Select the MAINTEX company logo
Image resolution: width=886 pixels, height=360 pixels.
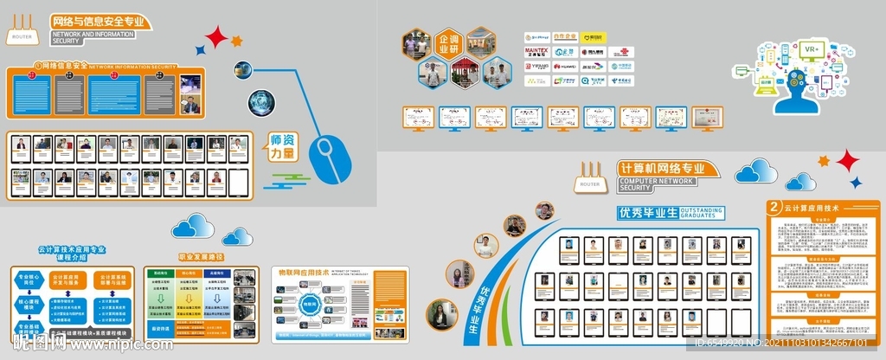tap(537, 52)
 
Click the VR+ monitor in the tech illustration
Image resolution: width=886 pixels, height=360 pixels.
tap(812, 51)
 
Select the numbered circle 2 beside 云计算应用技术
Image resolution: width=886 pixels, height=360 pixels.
tap(774, 208)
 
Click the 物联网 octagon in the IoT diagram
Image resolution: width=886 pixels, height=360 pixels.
tap(309, 305)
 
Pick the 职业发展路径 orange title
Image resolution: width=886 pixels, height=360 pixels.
tap(200, 257)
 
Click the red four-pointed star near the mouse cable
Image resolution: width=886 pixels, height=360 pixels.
tap(217, 38)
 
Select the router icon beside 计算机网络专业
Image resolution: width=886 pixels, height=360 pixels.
tap(589, 179)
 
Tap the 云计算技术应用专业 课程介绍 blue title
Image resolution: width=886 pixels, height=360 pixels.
tap(72, 254)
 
